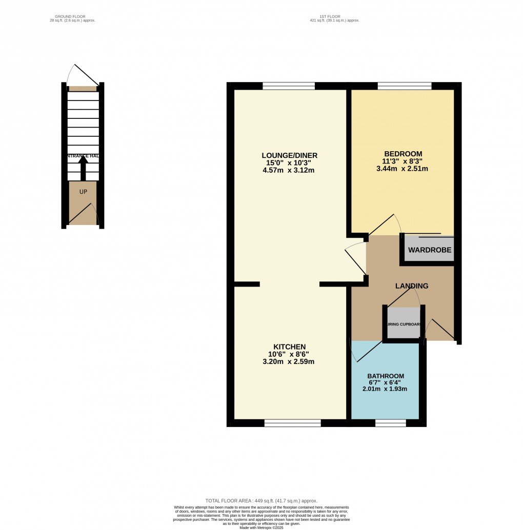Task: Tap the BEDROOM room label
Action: pyautogui.click(x=403, y=154)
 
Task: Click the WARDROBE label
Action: pyautogui.click(x=430, y=250)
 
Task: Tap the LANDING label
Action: pyautogui.click(x=411, y=286)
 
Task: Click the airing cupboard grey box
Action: pyautogui.click(x=403, y=323)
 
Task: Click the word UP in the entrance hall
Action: pyautogui.click(x=83, y=192)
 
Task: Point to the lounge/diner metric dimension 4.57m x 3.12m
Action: pyautogui.click(x=288, y=170)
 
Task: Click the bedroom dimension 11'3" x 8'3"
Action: pyautogui.click(x=403, y=161)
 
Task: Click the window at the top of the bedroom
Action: pyautogui.click(x=404, y=86)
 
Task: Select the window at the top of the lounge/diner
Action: pyautogui.click(x=289, y=86)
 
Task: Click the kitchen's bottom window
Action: pyautogui.click(x=293, y=423)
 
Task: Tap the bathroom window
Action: pyautogui.click(x=390, y=423)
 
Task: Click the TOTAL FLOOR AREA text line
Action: pyautogui.click(x=261, y=501)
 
